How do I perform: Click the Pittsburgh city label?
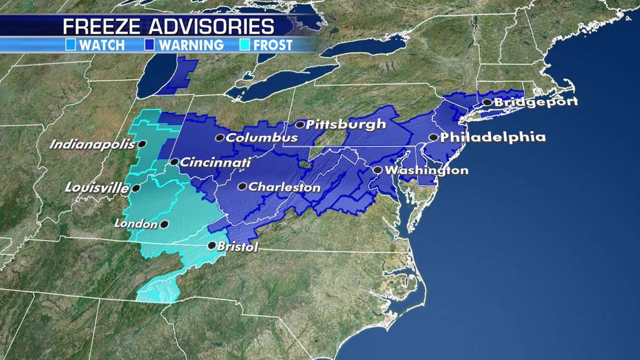[346, 125]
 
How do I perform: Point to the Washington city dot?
[377, 170]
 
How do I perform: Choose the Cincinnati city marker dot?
[174, 162]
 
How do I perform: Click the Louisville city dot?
[137, 188]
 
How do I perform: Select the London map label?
[136, 225]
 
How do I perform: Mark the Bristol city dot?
[212, 246]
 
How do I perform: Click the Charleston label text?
[285, 188]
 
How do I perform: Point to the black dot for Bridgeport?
[487, 102]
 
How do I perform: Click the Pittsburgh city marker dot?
[300, 125]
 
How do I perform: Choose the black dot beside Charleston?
[242, 187]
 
